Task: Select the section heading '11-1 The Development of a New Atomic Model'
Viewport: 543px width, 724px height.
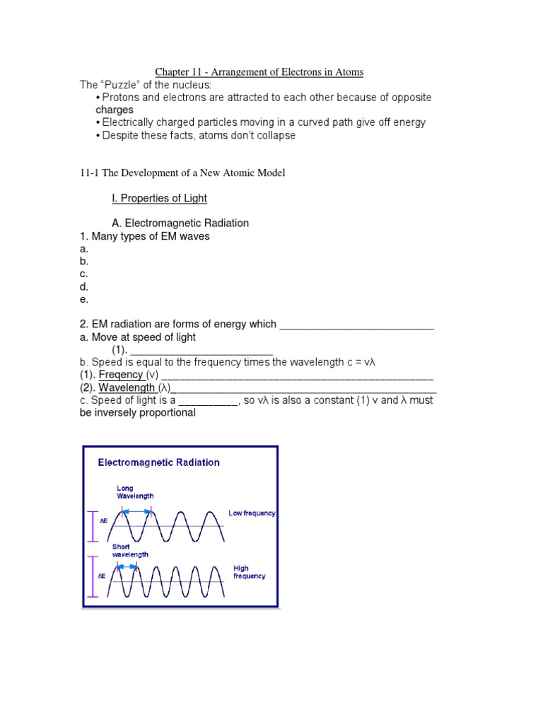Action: click(182, 173)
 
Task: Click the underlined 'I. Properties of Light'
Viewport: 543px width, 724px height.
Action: click(159, 199)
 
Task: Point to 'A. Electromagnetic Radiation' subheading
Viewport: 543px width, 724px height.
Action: click(180, 223)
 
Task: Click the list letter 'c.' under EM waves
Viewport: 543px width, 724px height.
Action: click(84, 274)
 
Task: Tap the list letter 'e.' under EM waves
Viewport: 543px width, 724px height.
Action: click(84, 298)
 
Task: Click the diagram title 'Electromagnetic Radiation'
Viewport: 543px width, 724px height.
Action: click(158, 462)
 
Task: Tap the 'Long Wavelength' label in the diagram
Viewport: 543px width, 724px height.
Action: click(134, 492)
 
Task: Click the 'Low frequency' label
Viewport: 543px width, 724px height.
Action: click(252, 513)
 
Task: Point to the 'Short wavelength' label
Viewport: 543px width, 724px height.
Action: click(130, 551)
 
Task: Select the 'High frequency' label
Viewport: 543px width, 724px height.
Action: click(250, 572)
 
